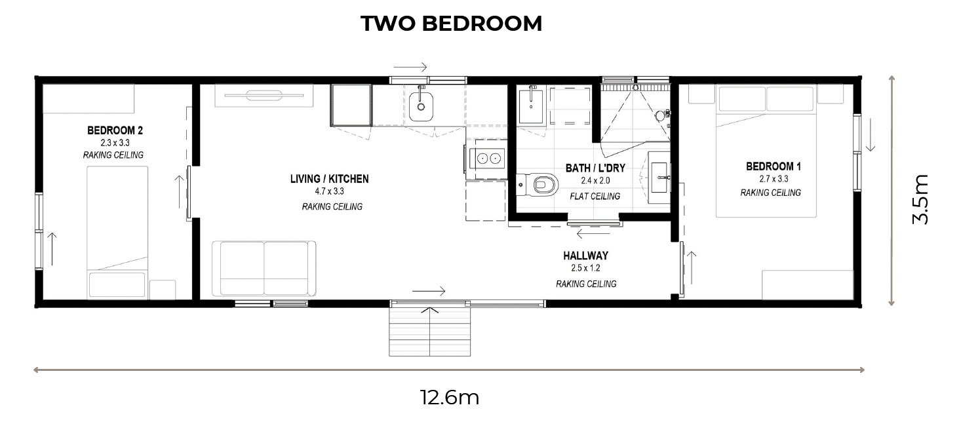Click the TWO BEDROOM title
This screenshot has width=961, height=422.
click(451, 23)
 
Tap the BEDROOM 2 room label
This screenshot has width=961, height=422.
click(115, 130)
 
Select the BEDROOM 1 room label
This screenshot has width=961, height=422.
click(774, 166)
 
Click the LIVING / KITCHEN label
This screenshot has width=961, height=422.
click(330, 179)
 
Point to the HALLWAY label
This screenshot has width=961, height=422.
click(585, 256)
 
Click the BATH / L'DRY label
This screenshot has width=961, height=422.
click(595, 168)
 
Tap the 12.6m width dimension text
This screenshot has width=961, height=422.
click(450, 398)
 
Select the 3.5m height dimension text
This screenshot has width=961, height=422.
click(920, 199)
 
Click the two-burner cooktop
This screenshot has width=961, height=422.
click(488, 159)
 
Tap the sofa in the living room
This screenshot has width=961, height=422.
click(264, 269)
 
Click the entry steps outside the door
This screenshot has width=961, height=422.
click(429, 332)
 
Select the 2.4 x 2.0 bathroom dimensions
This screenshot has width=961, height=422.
click(595, 181)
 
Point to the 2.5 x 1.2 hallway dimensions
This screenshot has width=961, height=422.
click(585, 269)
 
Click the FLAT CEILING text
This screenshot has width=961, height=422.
click(595, 197)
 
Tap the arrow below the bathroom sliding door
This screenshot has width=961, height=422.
click(593, 234)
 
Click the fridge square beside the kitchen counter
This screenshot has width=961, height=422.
click(351, 105)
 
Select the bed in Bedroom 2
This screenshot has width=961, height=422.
click(117, 233)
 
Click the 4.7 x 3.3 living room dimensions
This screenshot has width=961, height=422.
click(330, 192)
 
